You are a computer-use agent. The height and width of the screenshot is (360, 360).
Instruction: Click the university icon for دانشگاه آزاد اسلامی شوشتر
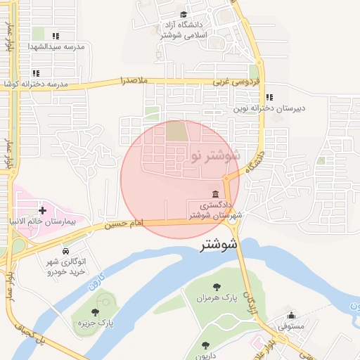pos(184,14)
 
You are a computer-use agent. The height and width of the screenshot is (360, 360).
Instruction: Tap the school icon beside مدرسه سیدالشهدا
pos(56,36)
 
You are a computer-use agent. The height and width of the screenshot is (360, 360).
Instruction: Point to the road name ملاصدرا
pos(134,81)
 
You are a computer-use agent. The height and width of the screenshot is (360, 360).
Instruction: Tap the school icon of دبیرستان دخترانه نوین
pos(269,98)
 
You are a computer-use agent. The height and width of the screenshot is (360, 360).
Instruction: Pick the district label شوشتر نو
pos(215,155)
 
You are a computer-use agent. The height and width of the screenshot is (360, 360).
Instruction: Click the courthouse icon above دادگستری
pos(214,195)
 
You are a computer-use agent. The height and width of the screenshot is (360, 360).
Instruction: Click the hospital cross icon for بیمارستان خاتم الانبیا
pos(43,210)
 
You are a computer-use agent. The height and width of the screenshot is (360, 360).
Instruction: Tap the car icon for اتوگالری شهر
pos(65,251)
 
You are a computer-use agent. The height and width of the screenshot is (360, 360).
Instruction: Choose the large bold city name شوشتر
pos(219,245)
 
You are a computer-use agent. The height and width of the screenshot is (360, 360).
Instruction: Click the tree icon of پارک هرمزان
pos(216,286)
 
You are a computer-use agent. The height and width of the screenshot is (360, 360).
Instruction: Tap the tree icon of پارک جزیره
pos(96,311)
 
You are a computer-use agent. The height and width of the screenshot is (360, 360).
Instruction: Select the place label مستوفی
pos(290,326)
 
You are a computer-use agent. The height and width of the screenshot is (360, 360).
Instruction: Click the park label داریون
pos(205,356)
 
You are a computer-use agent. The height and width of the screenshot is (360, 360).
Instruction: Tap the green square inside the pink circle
pos(176,131)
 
